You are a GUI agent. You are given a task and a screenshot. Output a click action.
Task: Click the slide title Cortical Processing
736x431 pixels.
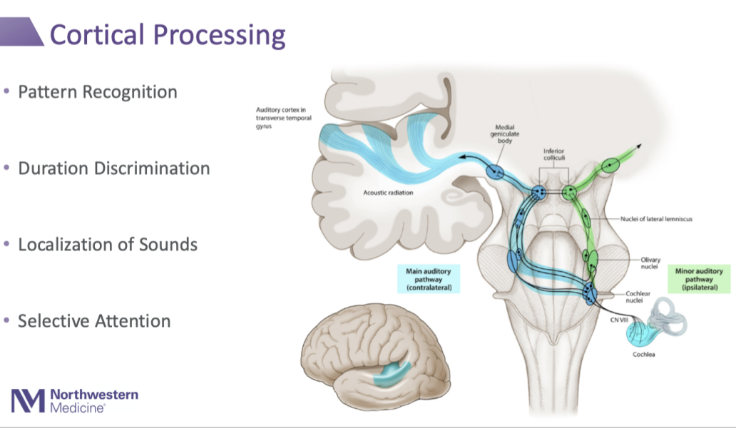tap(168, 34)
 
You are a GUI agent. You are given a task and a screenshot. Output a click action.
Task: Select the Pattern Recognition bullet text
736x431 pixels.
tap(98, 92)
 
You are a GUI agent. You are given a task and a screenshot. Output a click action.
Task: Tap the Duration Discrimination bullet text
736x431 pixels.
tap(114, 168)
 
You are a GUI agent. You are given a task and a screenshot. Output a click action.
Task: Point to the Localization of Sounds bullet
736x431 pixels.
tap(108, 244)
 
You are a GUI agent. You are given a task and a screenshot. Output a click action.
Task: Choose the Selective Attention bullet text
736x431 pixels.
tap(94, 321)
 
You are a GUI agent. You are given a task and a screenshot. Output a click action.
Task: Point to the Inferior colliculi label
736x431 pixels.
tap(553, 155)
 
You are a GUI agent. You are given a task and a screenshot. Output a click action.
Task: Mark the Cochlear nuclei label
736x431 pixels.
tap(638, 297)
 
